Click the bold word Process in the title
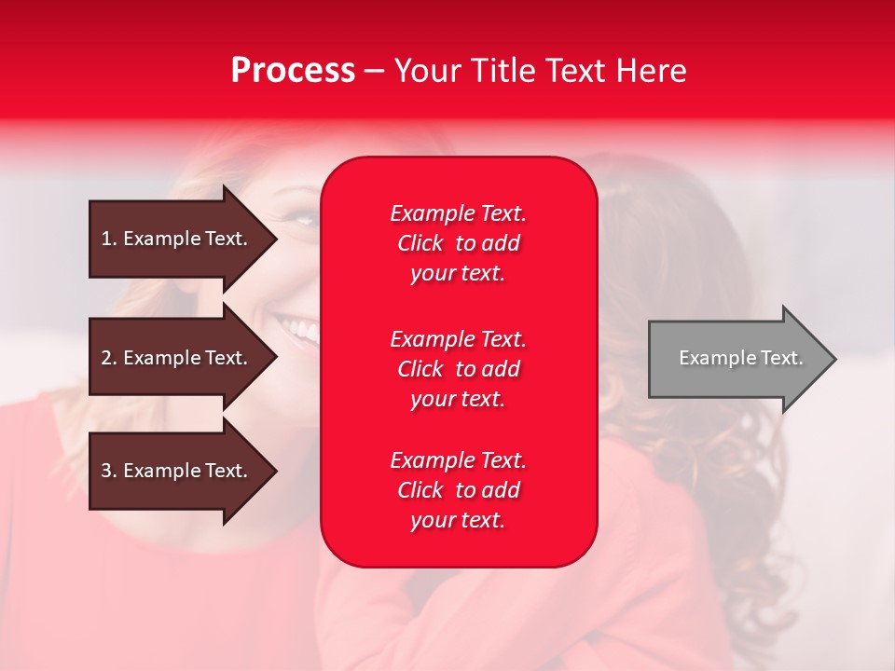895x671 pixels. [x=293, y=71]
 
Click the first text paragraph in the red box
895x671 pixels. [x=458, y=243]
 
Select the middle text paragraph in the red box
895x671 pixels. [x=458, y=369]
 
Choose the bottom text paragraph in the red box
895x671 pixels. [x=458, y=490]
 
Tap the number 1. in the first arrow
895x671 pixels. [x=109, y=239]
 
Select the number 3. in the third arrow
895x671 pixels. [x=109, y=471]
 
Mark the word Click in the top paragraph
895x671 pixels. [x=420, y=243]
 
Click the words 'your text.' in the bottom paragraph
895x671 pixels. [x=458, y=520]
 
